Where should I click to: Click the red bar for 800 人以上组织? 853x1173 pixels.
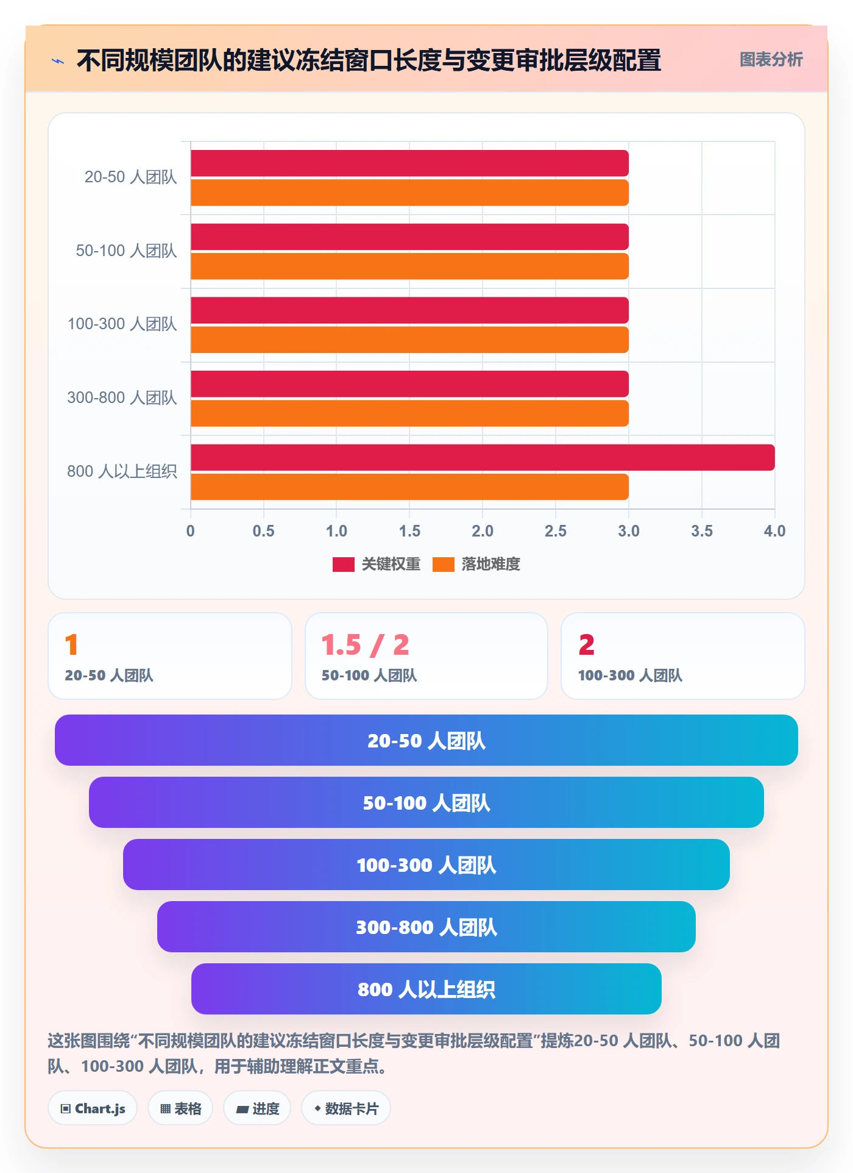(483, 457)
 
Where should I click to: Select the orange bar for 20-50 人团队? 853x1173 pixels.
(409, 193)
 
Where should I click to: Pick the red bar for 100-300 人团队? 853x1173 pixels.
(409, 310)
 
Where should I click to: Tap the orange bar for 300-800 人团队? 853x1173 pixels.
(409, 413)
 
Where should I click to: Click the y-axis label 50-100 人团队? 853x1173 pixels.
(126, 251)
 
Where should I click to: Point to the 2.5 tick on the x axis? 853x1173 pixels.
(556, 531)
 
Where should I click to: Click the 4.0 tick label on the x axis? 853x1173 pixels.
(774, 531)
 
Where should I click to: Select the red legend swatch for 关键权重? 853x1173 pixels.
(344, 565)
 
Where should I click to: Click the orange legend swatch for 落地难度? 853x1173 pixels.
(444, 565)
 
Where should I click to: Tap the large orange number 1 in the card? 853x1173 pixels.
(71, 645)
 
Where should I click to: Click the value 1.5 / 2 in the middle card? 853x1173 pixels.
(365, 645)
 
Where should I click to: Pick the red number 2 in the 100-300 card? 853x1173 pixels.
(586, 645)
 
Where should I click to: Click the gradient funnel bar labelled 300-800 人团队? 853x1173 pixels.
(426, 927)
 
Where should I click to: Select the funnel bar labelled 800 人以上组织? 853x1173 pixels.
(426, 989)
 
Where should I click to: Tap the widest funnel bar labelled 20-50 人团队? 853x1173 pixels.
(426, 740)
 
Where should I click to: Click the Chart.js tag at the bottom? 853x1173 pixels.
(93, 1108)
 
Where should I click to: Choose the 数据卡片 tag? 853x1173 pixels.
(346, 1108)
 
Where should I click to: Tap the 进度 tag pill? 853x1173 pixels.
(257, 1108)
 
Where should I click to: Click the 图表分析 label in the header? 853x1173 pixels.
(771, 60)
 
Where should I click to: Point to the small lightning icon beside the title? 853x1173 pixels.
(58, 61)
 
